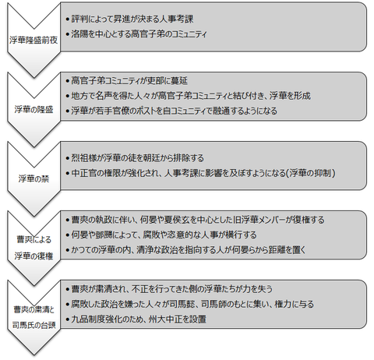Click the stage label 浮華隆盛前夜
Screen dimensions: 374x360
tap(34, 41)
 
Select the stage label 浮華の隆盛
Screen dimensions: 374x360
tap(34, 110)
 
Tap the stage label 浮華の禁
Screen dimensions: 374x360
tap(34, 178)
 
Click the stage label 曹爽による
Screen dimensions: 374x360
tap(34, 239)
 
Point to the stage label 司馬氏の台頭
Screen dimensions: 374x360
tap(34, 325)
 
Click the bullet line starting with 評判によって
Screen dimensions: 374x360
tap(129, 19)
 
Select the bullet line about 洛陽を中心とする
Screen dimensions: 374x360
tap(136, 34)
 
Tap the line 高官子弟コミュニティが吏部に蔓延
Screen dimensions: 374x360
tap(126, 80)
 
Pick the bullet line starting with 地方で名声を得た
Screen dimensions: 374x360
tap(188, 96)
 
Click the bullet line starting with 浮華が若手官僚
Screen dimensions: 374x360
tap(171, 111)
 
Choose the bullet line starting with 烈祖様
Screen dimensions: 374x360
tap(135, 158)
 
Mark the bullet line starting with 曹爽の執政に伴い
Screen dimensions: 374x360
tap(195, 220)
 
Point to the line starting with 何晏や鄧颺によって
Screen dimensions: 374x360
tap(161, 235)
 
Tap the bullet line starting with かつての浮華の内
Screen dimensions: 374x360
tap(185, 250)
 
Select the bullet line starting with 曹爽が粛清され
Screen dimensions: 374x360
tap(169, 289)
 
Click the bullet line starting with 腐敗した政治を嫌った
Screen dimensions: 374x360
tap(190, 304)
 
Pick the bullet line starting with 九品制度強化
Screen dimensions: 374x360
tap(136, 319)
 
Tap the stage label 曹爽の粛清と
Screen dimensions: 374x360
tap(34, 309)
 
